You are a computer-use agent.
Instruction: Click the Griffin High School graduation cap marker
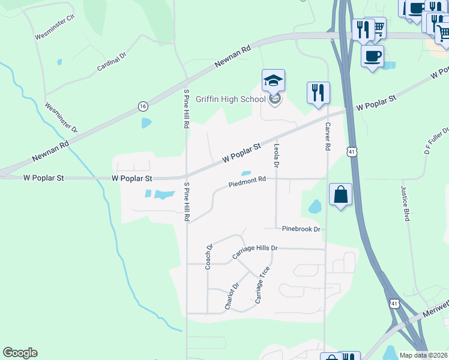(273, 81)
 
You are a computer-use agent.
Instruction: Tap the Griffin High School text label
(231, 99)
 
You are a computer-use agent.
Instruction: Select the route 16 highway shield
(142, 106)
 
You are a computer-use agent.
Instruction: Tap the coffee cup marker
(372, 56)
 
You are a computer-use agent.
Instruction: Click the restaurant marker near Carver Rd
(318, 93)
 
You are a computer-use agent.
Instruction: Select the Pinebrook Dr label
(301, 229)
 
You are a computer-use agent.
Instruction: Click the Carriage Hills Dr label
(255, 252)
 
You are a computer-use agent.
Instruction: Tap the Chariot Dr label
(232, 296)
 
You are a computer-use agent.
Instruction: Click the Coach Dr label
(209, 256)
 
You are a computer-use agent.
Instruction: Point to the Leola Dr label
(277, 154)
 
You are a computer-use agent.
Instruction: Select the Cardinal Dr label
(112, 62)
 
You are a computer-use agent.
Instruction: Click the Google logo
(20, 353)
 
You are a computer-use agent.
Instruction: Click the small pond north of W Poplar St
(146, 124)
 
